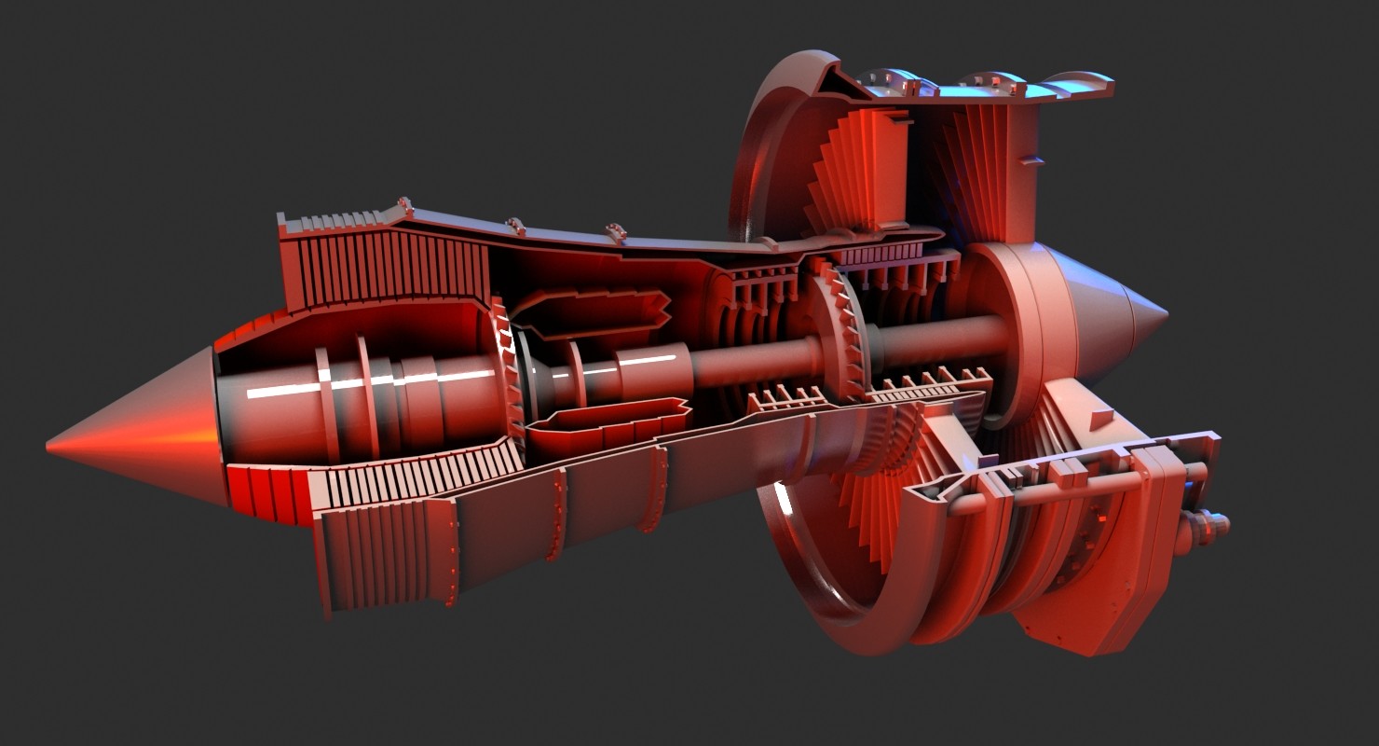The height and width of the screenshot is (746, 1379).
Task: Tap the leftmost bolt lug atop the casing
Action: tap(404, 205)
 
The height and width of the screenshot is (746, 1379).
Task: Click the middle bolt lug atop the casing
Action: tap(515, 226)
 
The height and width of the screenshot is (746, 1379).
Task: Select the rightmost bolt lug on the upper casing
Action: tap(615, 231)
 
